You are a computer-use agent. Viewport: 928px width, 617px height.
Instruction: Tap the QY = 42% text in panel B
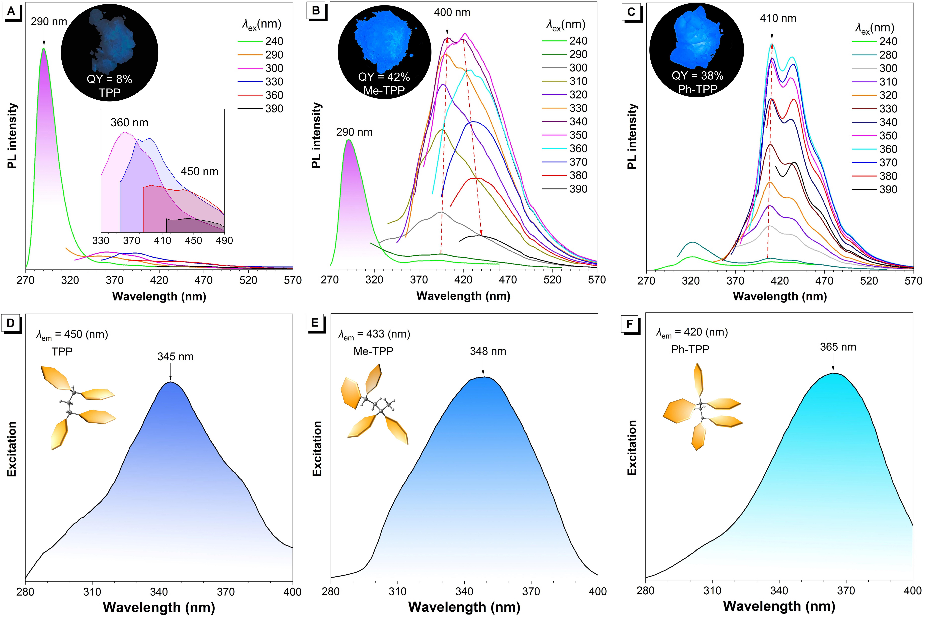point(384,77)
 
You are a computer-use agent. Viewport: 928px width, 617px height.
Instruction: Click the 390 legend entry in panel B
point(578,189)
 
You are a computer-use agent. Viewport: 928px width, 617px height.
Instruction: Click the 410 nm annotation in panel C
point(778,18)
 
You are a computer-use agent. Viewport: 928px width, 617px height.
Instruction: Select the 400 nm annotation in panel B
point(452,13)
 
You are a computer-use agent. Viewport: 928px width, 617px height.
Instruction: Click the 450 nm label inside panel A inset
point(199,172)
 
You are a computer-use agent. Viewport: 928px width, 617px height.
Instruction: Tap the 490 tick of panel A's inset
point(224,240)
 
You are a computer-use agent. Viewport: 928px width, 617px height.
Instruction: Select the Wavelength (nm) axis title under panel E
point(464,607)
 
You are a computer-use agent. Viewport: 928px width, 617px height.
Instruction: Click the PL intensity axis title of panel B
point(316,136)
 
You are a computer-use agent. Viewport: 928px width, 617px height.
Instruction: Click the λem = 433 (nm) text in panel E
point(374,334)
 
